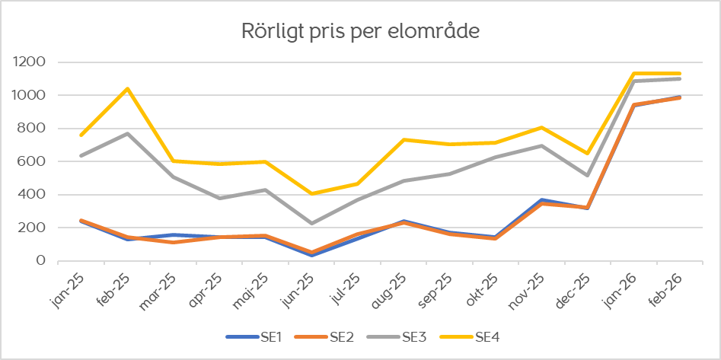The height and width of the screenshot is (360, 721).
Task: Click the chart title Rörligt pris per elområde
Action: tap(360, 32)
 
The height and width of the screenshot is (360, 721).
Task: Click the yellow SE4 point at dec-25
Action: tap(587, 154)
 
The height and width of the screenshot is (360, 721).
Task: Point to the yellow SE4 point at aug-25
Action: tap(403, 140)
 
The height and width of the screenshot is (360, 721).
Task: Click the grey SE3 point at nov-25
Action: tap(541, 146)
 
